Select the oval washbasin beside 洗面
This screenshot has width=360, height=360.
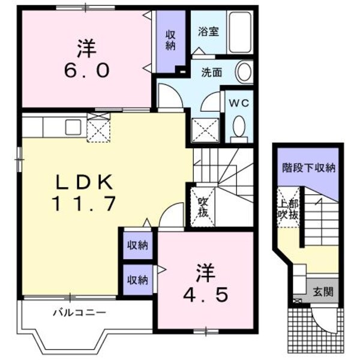point(244,73)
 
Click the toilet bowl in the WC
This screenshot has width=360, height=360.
point(239,127)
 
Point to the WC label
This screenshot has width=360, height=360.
point(238,101)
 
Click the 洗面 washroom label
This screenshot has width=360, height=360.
point(211,73)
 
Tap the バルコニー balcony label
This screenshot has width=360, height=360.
point(79,313)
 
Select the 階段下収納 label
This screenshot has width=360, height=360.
point(308,167)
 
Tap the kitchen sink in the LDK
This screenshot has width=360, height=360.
point(74,127)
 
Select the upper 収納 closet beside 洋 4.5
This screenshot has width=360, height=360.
point(137,245)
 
